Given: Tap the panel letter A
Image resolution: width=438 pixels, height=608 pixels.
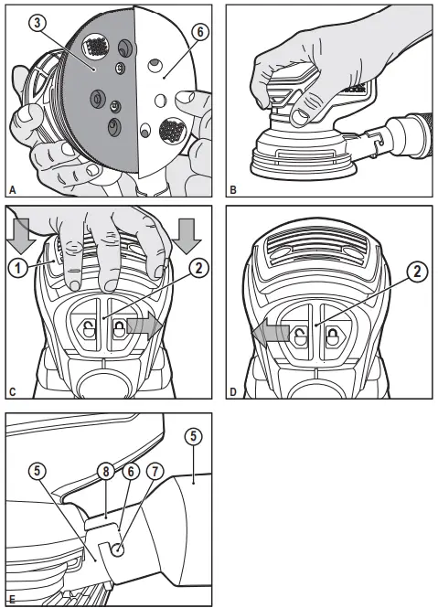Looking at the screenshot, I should [x=12, y=190].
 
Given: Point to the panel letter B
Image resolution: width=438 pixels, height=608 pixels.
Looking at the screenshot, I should [x=234, y=190].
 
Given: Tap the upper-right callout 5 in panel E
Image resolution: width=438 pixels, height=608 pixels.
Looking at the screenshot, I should [x=193, y=436].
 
